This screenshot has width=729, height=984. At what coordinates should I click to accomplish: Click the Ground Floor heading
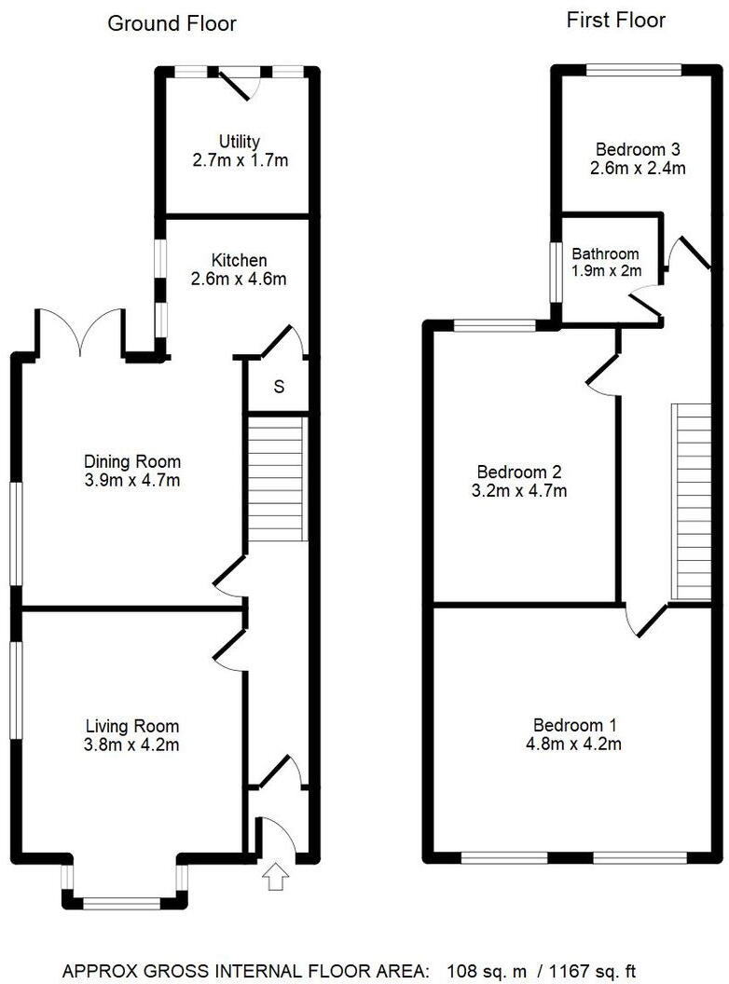pos(172,23)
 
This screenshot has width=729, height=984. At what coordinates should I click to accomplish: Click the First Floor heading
pos(615,20)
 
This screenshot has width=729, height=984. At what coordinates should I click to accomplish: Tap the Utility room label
pos(239,142)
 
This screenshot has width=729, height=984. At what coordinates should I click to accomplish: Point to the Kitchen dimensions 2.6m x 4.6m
pos(239,279)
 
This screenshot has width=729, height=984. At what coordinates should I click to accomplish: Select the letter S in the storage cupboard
pos(279,387)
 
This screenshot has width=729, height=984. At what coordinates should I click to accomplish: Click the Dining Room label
pos(132,461)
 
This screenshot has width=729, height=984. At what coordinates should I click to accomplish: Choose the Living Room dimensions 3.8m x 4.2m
pos(132,745)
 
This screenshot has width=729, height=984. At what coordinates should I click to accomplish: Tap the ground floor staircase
pos(277,478)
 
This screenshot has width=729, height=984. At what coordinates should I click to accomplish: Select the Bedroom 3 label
pos(638,149)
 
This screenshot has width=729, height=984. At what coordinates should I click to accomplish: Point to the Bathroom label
pos(606,253)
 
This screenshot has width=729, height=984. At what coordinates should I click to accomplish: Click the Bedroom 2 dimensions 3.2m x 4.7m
pos(520,491)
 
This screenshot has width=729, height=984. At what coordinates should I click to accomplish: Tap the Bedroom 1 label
pos(575,725)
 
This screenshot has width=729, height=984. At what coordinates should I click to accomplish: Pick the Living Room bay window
pos(121,901)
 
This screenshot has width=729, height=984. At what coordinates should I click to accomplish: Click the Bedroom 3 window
pos(634,68)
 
